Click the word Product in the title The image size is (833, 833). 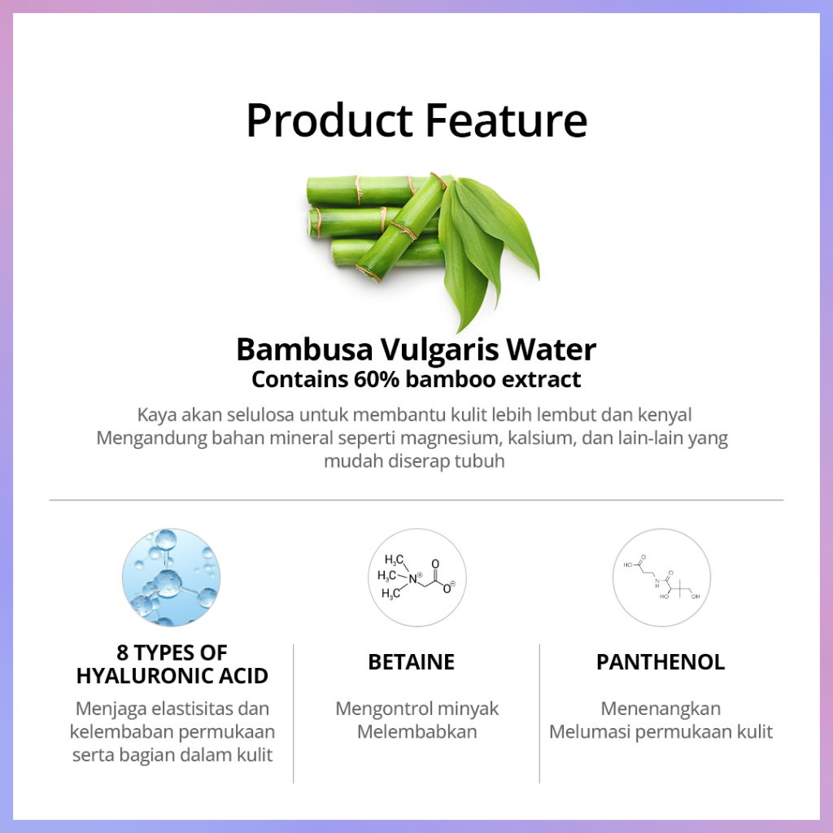coord(329,120)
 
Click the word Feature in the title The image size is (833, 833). coord(506,120)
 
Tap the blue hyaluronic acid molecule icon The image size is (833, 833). coord(171,577)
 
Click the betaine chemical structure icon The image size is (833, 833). coord(417,577)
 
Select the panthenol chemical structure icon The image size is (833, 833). coord(661,577)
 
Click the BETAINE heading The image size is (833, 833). coord(411,662)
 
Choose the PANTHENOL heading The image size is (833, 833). coord(661,662)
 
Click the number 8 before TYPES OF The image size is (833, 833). coord(122,652)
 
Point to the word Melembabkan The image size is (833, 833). coord(417,731)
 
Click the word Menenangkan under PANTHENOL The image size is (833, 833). coord(661,709)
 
